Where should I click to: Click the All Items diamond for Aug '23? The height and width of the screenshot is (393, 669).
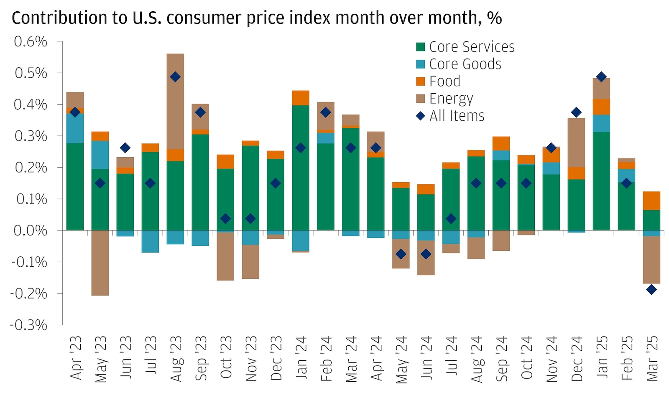tap(175, 77)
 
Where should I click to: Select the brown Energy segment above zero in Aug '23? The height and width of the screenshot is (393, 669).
tap(175, 100)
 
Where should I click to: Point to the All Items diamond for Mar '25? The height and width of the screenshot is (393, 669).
tap(651, 289)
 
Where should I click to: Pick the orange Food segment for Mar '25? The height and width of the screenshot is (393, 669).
tap(651, 201)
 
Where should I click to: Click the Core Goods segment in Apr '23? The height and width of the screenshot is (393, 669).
tap(75, 128)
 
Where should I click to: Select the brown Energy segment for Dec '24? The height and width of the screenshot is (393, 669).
tap(576, 142)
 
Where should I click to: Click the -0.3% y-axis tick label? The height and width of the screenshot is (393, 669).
tap(28, 325)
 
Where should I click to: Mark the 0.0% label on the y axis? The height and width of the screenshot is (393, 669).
tap(30, 230)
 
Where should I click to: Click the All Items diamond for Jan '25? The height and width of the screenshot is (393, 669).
tap(601, 77)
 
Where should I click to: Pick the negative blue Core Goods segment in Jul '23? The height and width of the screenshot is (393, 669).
tap(150, 241)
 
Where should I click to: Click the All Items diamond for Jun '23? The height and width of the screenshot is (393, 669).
tap(125, 148)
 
